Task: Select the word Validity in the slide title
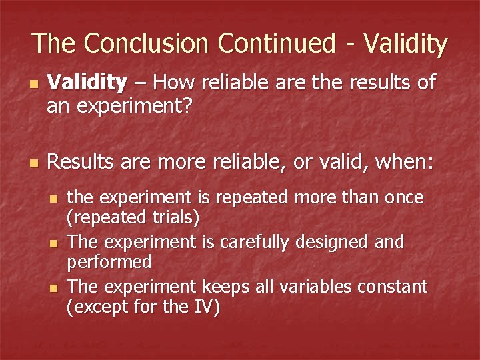pos(404,43)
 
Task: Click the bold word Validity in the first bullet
pos(87,83)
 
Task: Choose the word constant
pos(394,287)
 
